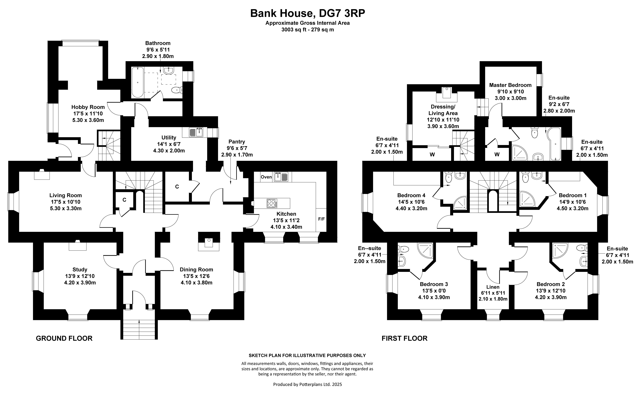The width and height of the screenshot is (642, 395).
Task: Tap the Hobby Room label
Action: (x=88, y=107)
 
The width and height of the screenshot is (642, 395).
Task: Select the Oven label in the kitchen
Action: (x=266, y=177)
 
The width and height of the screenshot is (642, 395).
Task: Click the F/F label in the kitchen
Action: (x=321, y=219)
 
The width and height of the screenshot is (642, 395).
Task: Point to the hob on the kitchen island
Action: (x=272, y=203)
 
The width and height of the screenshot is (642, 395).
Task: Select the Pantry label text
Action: (x=237, y=142)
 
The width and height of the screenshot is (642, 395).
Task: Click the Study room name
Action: (x=80, y=270)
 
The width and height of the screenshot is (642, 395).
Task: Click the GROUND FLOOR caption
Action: (x=64, y=338)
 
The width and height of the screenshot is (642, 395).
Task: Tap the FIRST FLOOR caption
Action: (x=405, y=338)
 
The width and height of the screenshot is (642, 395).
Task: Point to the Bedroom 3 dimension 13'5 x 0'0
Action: (x=434, y=291)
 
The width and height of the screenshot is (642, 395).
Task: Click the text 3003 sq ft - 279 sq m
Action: (x=308, y=30)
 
